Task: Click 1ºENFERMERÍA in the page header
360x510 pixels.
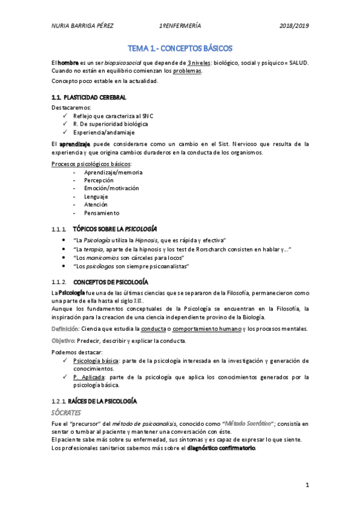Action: click(x=180, y=26)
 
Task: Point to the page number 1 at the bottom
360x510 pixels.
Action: click(x=307, y=485)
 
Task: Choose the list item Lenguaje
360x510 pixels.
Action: click(x=96, y=197)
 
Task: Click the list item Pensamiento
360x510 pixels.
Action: click(x=102, y=213)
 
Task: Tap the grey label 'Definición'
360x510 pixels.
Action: click(x=65, y=328)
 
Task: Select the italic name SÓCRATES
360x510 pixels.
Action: click(x=69, y=412)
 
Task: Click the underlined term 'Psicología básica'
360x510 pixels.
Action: click(x=96, y=361)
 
